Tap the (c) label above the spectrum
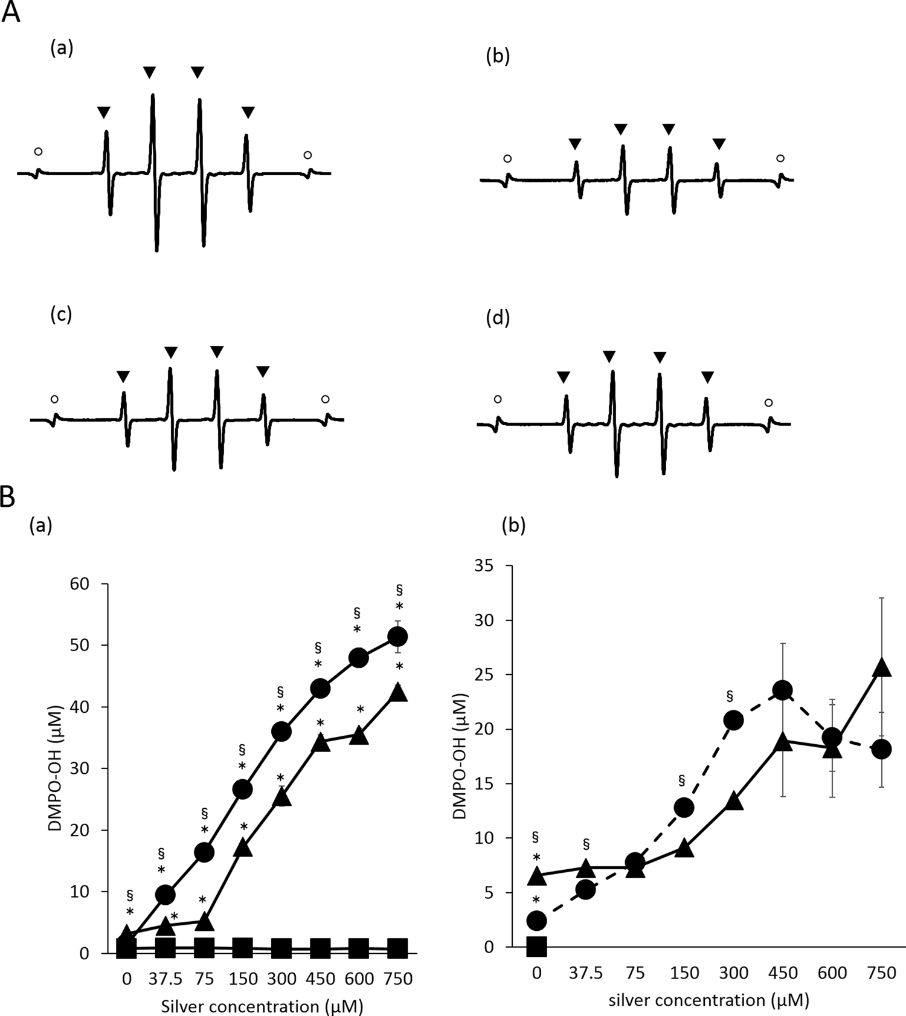point(61,315)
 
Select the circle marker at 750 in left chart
point(397,637)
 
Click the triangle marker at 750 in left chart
point(398,692)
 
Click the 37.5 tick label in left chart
point(165,979)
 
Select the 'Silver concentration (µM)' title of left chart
point(262,1006)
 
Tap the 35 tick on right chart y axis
point(483,566)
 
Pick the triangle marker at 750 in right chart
point(882,667)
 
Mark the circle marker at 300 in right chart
point(733,720)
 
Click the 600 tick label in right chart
point(832,973)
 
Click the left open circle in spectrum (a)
point(38,152)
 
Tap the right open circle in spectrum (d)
point(768,403)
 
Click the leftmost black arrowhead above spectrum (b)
point(574,144)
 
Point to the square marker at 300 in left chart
point(281,948)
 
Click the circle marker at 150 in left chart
point(242,789)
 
